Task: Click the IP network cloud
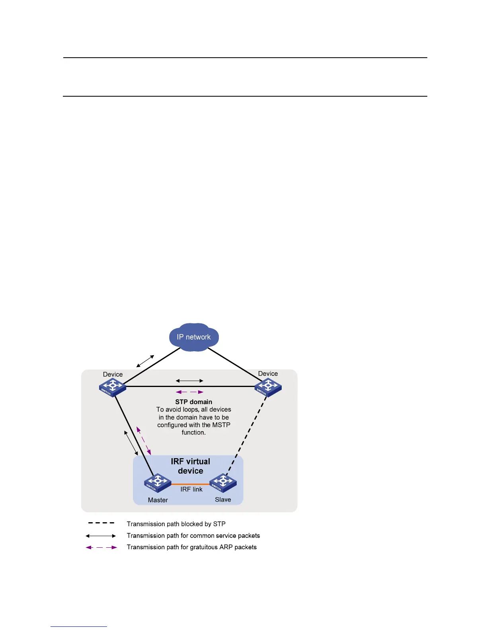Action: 194,337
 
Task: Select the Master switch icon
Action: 158,482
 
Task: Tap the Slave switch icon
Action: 223,482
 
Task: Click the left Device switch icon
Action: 113,387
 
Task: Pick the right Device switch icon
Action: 268,387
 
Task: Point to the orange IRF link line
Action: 190,484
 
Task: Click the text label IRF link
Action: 191,490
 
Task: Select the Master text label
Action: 158,500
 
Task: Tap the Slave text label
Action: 223,500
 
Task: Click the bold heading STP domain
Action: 194,402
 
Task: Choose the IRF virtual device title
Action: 191,466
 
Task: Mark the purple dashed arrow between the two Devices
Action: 190,392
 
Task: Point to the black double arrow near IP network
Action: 145,361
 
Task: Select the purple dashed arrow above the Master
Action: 144,441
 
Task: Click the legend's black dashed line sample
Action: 101,523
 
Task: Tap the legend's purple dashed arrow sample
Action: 101,548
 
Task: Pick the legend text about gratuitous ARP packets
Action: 191,547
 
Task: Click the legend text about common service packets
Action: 193,536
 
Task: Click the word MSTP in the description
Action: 221,425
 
